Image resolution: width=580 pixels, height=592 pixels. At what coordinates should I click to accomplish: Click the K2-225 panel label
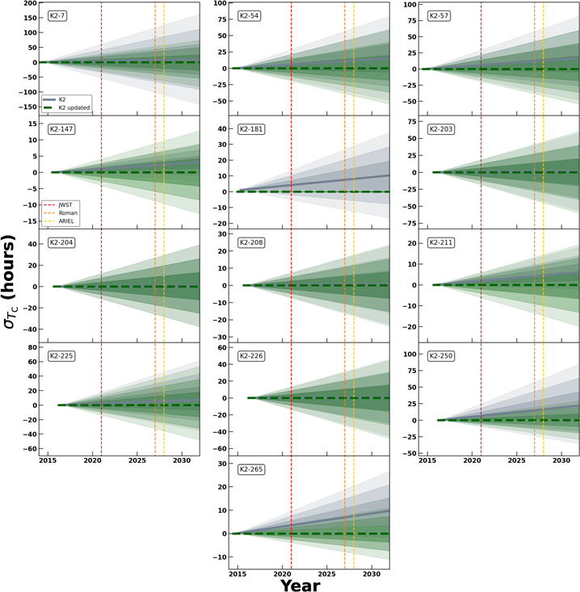59,355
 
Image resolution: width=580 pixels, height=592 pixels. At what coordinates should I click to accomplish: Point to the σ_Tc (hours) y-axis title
12,280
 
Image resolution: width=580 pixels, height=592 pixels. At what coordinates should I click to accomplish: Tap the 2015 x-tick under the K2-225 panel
48,460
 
